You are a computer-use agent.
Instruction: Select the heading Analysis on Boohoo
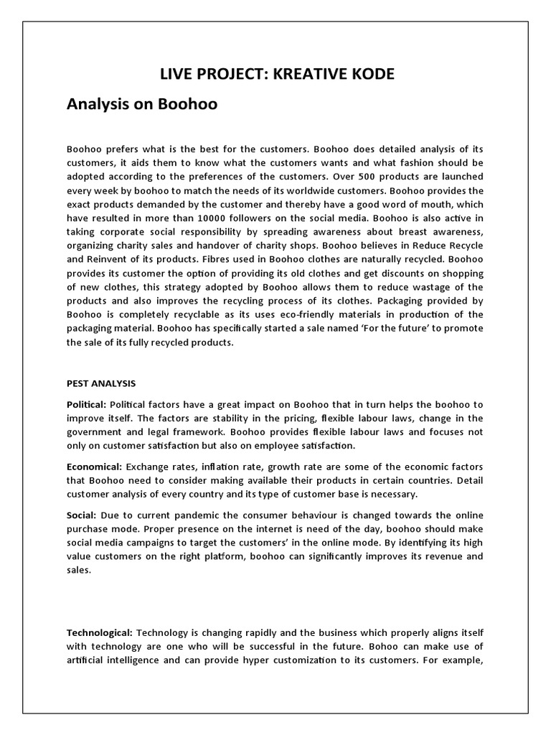(141, 105)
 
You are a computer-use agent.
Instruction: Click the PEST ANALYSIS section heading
(101, 383)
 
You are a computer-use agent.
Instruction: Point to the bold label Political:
(86, 404)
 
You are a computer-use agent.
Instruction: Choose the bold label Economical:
(94, 467)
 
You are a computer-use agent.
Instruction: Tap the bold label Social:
(81, 515)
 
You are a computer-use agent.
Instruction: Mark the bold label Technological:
(99, 632)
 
